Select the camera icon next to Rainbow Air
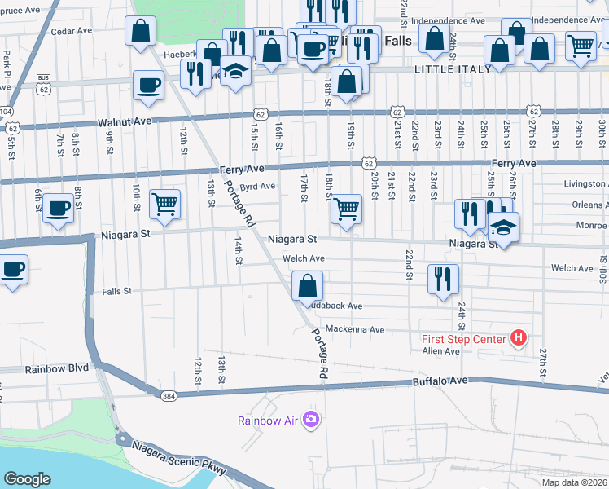pyautogui.click(x=310, y=420)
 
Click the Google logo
pyautogui.click(x=27, y=479)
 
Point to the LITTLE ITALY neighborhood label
pyautogui.click(x=453, y=69)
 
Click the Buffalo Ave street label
pyautogui.click(x=440, y=381)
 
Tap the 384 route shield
pyautogui.click(x=169, y=396)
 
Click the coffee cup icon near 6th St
pyautogui.click(x=58, y=208)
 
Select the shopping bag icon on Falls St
pyautogui.click(x=307, y=287)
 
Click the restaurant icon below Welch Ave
pyautogui.click(x=443, y=279)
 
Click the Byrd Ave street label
pyautogui.click(x=258, y=187)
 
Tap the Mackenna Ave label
pyautogui.click(x=354, y=329)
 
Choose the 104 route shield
pyautogui.click(x=7, y=111)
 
